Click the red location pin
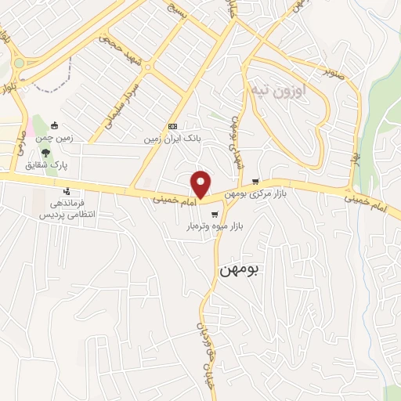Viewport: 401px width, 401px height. [201, 184]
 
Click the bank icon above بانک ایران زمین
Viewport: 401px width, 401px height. [172, 126]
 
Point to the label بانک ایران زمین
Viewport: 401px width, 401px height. [172, 139]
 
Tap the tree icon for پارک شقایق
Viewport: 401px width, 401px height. [45, 152]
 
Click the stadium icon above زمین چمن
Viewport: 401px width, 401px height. [54, 125]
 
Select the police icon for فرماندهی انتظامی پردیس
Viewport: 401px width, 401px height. [67, 190]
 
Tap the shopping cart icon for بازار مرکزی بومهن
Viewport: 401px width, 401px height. [255, 182]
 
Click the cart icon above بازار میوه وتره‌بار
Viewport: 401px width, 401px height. [214, 212]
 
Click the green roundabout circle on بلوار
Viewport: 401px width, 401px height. [18, 63]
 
